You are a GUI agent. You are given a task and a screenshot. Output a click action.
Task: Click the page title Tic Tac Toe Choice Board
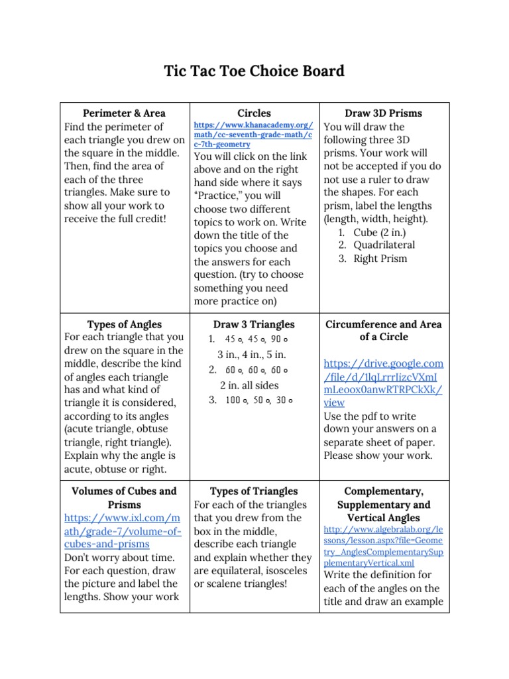click(254, 71)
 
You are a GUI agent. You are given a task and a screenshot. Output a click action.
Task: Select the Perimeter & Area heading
click(124, 113)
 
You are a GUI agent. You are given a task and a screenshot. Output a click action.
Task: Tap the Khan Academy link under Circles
click(253, 135)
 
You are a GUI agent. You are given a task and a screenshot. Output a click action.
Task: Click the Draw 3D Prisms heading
click(383, 113)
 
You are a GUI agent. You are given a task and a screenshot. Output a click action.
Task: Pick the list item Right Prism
click(380, 259)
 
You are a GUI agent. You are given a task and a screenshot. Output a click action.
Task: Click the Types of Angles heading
click(124, 325)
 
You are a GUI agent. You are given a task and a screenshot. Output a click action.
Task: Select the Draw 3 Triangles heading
click(254, 325)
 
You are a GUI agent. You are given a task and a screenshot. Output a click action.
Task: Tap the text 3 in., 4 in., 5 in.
click(253, 354)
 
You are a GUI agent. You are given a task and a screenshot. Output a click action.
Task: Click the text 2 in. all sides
click(249, 385)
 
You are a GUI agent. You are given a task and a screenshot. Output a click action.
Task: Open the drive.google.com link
click(383, 383)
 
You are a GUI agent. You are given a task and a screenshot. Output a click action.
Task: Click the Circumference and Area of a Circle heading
click(383, 331)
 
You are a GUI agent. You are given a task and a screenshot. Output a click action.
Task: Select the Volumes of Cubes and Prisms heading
click(124, 498)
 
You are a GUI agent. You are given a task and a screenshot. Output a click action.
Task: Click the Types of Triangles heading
click(254, 491)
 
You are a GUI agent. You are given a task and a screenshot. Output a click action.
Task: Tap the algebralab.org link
click(383, 546)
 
